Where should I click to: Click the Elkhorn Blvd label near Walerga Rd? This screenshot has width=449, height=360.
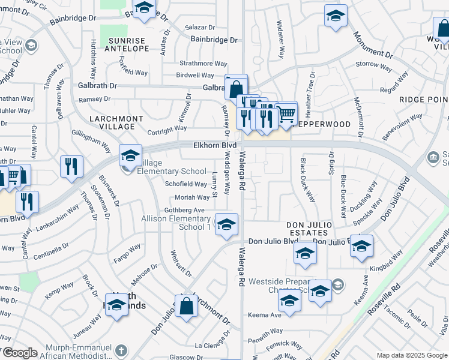[214, 145]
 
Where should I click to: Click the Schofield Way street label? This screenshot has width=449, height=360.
[186, 184]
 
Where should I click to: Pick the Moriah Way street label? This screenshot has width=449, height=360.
[192, 197]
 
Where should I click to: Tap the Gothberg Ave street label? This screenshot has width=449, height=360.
[185, 210]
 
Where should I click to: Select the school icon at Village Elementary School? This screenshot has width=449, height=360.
[130, 156]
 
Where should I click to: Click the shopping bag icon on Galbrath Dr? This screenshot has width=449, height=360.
[237, 88]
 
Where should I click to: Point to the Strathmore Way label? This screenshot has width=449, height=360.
[203, 64]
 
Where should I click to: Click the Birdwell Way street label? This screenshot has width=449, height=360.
[194, 76]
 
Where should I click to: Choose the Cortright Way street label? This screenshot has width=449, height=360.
[167, 128]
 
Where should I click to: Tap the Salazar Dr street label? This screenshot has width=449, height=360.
[200, 28]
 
